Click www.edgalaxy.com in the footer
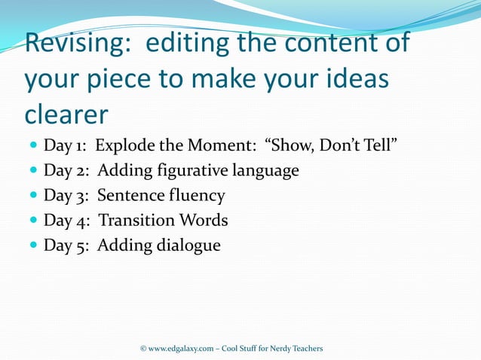(x=180, y=348)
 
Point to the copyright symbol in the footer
(x=143, y=348)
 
